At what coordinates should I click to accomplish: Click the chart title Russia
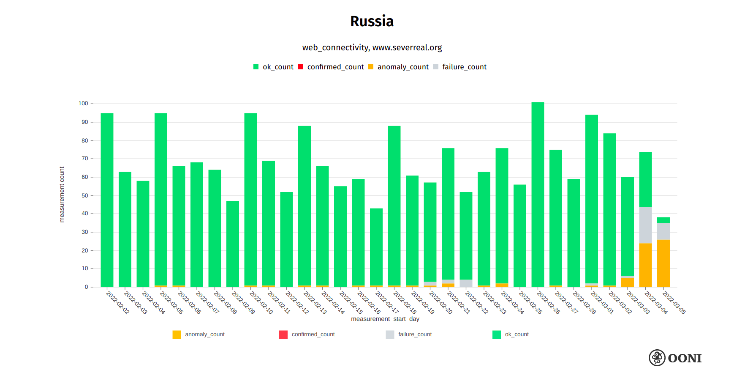(x=372, y=21)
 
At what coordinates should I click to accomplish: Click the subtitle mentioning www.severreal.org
(x=372, y=47)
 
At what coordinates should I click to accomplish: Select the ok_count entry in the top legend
(x=277, y=67)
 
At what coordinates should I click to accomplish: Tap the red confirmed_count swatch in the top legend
(x=301, y=67)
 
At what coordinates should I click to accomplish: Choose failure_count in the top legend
(x=464, y=67)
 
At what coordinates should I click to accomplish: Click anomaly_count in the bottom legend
(x=204, y=334)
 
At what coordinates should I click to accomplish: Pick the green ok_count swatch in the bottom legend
(x=497, y=334)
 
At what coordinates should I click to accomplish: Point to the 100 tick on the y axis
(x=83, y=104)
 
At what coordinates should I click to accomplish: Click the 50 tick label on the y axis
(x=85, y=196)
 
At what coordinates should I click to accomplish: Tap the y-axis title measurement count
(x=62, y=195)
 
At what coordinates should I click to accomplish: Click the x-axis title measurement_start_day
(x=385, y=319)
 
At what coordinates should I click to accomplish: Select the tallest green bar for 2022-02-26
(x=538, y=195)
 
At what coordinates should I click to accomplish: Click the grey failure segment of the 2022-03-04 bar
(x=645, y=225)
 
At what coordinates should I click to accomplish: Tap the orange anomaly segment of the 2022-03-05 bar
(x=663, y=263)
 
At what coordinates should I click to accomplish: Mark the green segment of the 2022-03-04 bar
(x=645, y=179)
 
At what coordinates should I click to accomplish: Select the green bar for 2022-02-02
(x=107, y=200)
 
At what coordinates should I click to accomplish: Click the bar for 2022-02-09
(x=233, y=244)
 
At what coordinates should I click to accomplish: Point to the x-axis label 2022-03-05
(x=674, y=303)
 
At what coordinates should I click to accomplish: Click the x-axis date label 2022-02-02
(x=117, y=303)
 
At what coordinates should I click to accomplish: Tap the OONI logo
(x=675, y=358)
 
